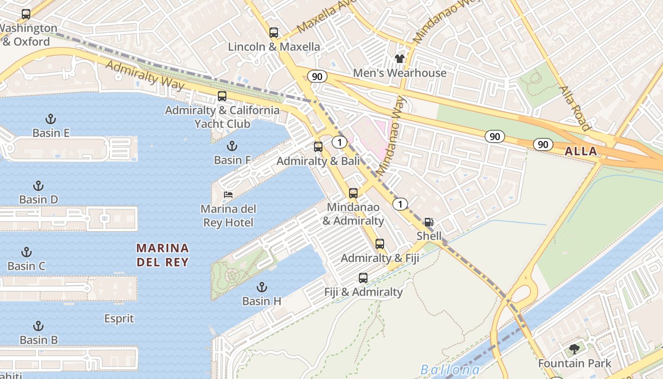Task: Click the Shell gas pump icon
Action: [429, 222]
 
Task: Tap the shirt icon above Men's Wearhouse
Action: [400, 59]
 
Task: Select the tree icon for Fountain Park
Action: [574, 350]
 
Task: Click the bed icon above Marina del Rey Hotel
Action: [228, 195]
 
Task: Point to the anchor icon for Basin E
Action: [51, 118]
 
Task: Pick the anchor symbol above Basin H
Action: [261, 287]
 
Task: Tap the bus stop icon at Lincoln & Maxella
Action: [274, 33]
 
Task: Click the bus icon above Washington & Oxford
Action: [26, 14]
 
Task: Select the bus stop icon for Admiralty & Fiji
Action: [380, 244]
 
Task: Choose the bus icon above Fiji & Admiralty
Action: [363, 278]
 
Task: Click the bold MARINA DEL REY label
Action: [162, 255]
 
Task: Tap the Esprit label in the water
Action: [119, 319]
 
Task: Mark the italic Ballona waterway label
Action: [450, 370]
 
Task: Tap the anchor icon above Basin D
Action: [38, 185]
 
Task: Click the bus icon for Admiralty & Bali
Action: [318, 147]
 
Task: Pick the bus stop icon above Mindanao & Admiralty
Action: [353, 193]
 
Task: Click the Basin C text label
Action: [27, 266]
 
